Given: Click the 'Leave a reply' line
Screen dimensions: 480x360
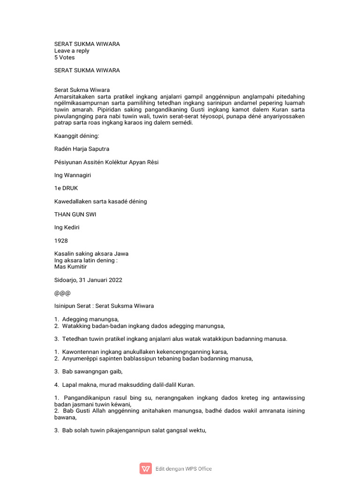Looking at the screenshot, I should pyautogui.click(x=72, y=51).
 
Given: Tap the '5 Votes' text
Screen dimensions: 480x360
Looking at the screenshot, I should pyautogui.click(x=64, y=58).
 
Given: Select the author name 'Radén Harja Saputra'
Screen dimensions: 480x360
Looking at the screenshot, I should pyautogui.click(x=82, y=149).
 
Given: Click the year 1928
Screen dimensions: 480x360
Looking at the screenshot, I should pyautogui.click(x=61, y=240).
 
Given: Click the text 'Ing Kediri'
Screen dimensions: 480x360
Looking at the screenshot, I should pyautogui.click(x=67, y=227).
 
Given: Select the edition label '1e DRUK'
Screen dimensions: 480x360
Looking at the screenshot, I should pyautogui.click(x=67, y=188).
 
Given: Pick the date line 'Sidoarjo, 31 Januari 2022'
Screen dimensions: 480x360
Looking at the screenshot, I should pyautogui.click(x=88, y=280).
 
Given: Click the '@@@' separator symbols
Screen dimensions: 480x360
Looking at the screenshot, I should pyautogui.click(x=62, y=293).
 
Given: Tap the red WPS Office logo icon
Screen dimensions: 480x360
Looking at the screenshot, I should pyautogui.click(x=146, y=468).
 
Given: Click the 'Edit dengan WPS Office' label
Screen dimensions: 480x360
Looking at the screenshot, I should pyautogui.click(x=184, y=469).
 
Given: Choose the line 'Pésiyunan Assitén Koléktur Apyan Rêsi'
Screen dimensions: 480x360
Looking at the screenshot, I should pyautogui.click(x=106, y=162).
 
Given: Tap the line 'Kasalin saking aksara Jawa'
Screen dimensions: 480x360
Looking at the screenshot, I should pyautogui.click(x=91, y=254).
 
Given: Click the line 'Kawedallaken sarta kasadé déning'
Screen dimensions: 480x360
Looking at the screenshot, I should pyautogui.click(x=101, y=202).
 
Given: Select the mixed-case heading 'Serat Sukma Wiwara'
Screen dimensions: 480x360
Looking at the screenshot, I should pyautogui.click(x=82, y=90).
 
